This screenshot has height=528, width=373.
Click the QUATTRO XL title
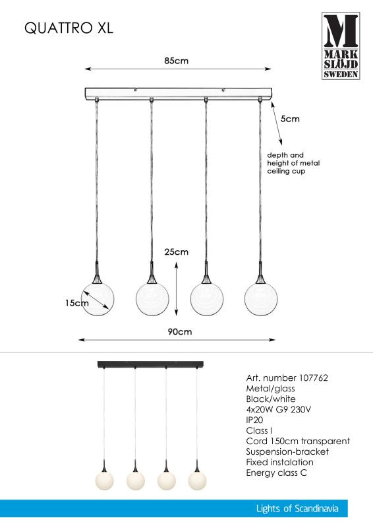pos(69,28)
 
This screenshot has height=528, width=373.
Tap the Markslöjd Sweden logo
pos(341,46)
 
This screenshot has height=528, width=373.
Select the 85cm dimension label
pos(176,61)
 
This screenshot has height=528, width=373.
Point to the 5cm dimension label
pos(290,119)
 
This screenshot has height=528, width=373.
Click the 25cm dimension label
pos(176,252)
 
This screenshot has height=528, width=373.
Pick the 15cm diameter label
pos(77,303)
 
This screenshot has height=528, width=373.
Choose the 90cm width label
pos(180,332)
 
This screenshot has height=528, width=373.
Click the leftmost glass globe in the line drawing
pos(98,299)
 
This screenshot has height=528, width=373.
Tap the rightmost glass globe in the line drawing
pos(261,299)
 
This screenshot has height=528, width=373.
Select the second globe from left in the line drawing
pos(152,299)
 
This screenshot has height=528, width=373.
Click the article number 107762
pos(313,378)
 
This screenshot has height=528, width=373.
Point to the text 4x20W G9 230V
pos(279,409)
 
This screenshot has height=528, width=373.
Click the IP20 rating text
pos(254,420)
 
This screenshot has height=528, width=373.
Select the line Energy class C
pos(277,473)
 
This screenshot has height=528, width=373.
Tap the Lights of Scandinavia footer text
pos(297,508)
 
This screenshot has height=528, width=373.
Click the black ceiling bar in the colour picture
pos(150,364)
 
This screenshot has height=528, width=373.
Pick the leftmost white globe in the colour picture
pos(104,480)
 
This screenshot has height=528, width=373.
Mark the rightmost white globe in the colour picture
pos(197,480)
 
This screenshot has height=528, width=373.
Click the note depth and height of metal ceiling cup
pos(293,163)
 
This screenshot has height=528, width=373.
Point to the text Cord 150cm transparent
pos(298,441)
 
